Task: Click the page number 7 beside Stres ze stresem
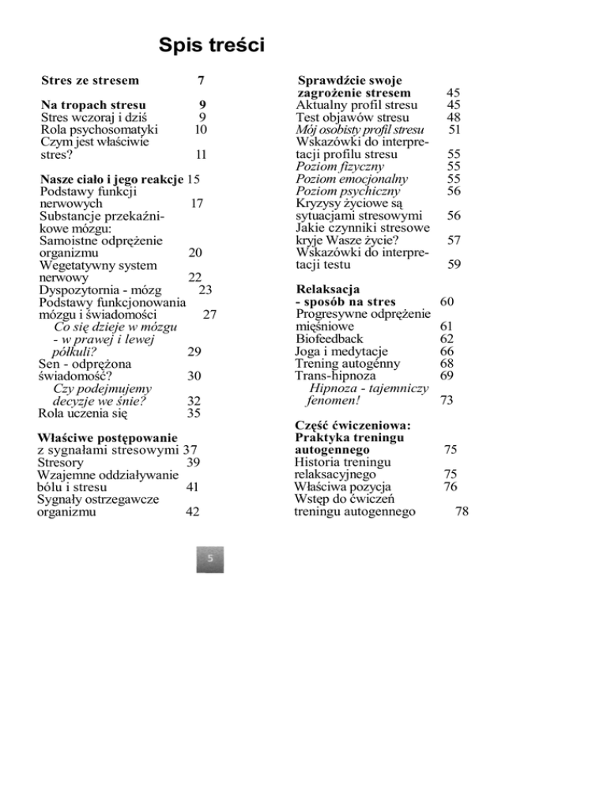click(202, 80)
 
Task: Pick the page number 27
click(209, 315)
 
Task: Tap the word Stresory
click(64, 462)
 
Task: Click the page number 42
click(191, 512)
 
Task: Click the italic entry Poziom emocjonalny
click(348, 179)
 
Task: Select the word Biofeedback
click(329, 338)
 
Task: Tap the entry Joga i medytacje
click(341, 351)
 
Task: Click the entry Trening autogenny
click(347, 364)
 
